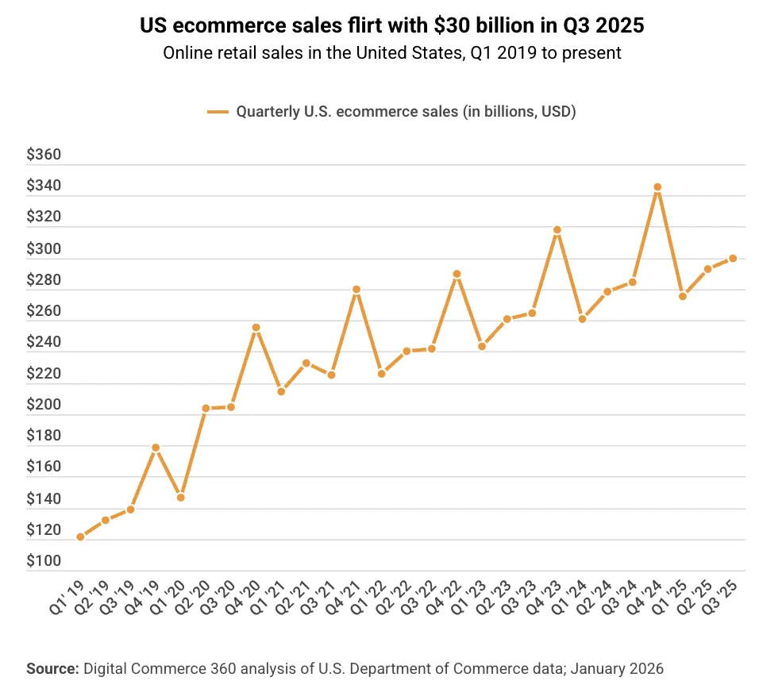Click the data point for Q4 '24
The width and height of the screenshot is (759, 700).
point(657,187)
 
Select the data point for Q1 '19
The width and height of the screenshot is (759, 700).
point(80,537)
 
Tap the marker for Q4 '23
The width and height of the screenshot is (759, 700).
point(557,230)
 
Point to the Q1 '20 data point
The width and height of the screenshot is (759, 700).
point(181,498)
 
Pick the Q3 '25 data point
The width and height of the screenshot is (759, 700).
point(733,258)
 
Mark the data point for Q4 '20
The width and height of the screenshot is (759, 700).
point(256,327)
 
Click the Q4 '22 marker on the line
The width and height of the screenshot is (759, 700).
point(457,274)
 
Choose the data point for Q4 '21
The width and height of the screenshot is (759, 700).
point(356,290)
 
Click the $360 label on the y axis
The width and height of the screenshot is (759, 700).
point(44,155)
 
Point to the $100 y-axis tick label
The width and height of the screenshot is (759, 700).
point(44,562)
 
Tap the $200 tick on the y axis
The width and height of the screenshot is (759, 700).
point(44,405)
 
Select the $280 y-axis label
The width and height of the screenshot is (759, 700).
point(44,280)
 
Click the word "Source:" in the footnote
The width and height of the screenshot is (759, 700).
point(52,669)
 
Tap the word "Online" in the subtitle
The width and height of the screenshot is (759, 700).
point(185,53)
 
